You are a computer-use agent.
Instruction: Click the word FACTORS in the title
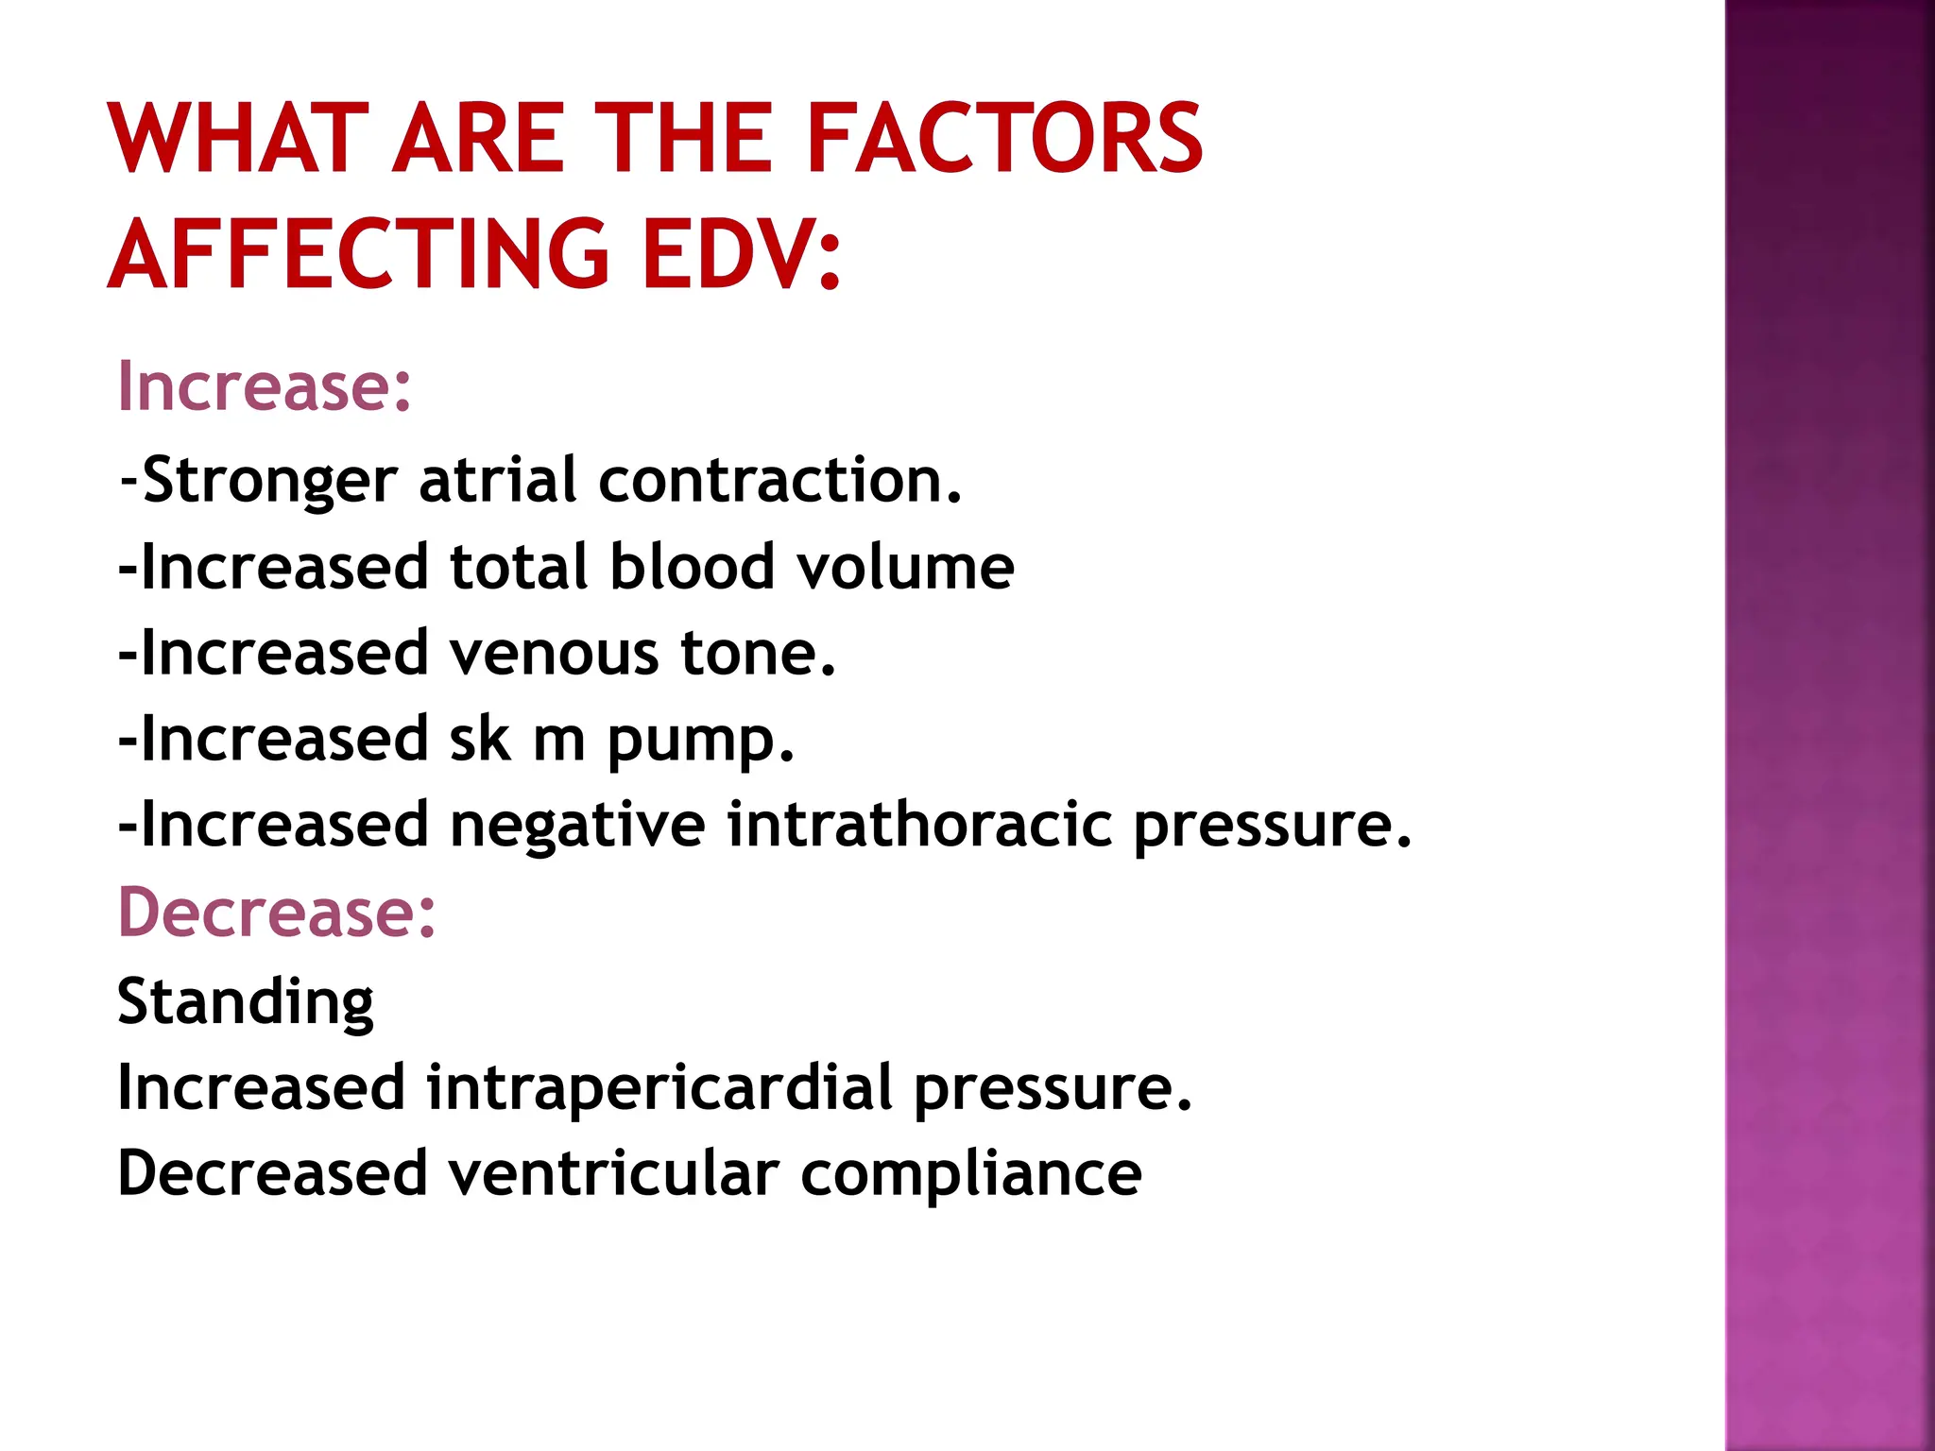pos(1003,139)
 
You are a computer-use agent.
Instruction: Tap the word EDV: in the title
pos(741,254)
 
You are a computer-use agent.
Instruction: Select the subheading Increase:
pos(265,386)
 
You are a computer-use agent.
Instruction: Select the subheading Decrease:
pos(277,913)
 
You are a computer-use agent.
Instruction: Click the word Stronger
pos(269,481)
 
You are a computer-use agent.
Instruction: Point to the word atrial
pos(497,480)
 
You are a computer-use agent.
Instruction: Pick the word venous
pos(553,654)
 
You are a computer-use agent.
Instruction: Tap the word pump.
pos(700,741)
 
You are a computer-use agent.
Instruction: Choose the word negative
pos(577,826)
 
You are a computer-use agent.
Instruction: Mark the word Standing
pos(246,1001)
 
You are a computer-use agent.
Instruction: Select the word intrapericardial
pos(659,1087)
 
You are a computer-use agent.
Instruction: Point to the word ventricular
pos(613,1173)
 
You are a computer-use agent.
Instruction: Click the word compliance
pos(971,1175)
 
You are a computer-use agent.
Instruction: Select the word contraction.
pos(779,480)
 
